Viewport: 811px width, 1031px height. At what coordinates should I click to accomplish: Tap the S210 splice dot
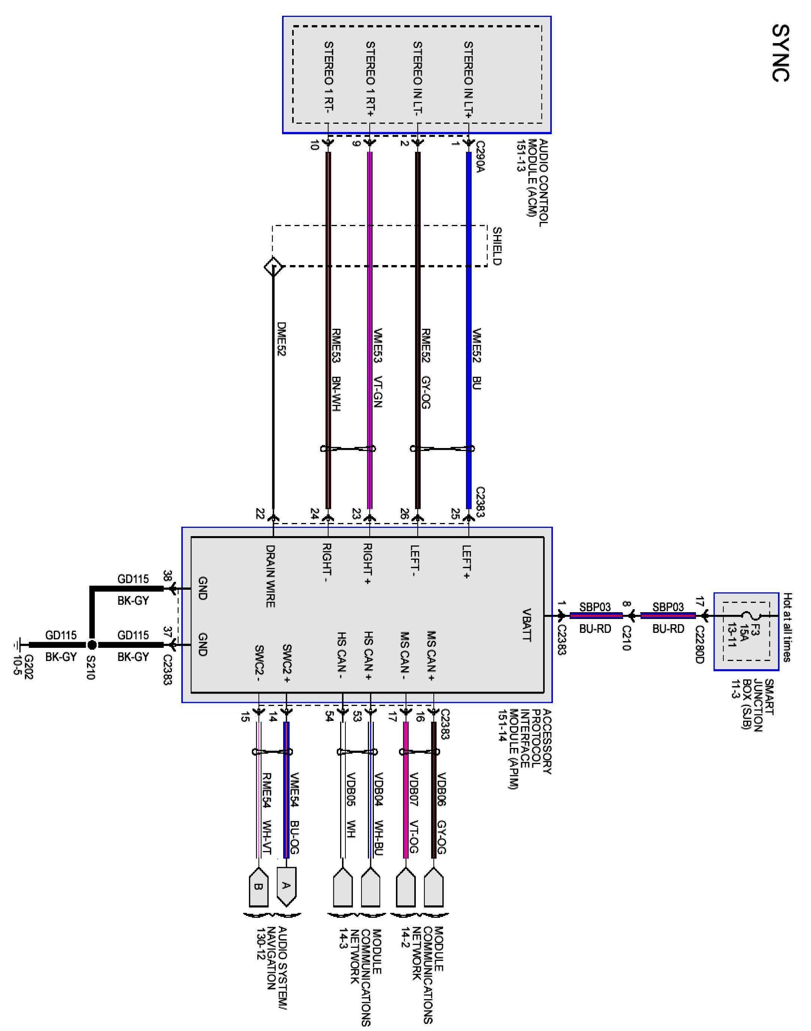92,645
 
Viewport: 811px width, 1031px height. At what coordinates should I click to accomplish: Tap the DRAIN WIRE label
270,576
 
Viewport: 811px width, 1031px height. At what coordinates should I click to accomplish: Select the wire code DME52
281,340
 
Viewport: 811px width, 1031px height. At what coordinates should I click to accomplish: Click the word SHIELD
497,246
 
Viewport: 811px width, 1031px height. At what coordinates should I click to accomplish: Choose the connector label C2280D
699,644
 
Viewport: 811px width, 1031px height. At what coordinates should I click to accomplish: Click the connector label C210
626,638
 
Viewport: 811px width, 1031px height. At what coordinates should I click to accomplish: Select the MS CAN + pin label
431,655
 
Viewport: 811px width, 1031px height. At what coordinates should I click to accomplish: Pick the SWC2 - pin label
259,663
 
